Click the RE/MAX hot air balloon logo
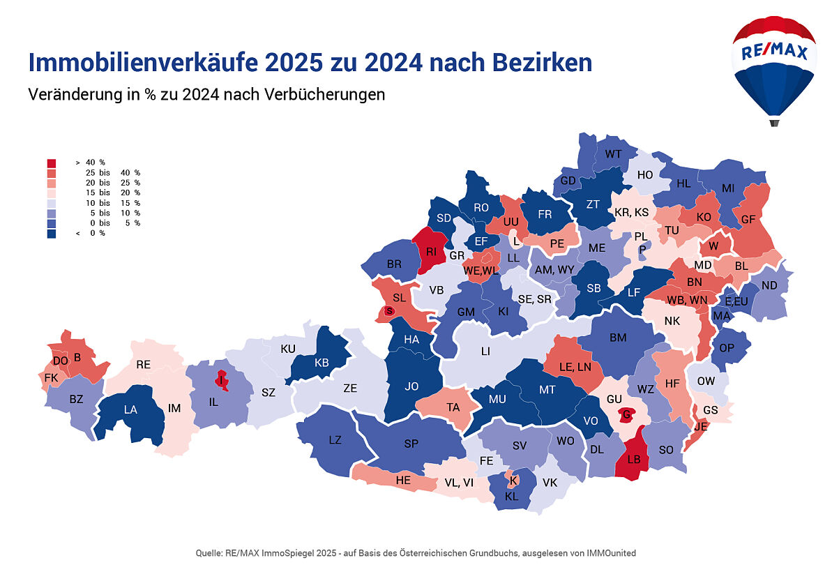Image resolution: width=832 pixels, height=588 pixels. coord(774,66)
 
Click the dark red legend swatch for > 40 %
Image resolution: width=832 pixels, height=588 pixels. coord(52,163)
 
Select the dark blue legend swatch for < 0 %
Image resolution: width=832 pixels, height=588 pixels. coord(52,233)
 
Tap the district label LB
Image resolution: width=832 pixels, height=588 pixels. coord(634,460)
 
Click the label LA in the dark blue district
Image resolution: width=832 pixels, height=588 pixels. coord(130,410)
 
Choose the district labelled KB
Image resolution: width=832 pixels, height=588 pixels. coord(322,363)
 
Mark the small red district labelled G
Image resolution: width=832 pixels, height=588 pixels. coord(627,415)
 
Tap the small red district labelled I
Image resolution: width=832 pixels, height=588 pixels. coord(221,380)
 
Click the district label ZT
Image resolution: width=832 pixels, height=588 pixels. coord(593,204)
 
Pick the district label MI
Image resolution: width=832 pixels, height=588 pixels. coord(728,188)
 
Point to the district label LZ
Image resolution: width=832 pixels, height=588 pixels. coord(335,439)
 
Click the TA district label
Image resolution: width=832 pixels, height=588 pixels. coord(453,407)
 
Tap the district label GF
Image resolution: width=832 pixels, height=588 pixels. coord(748,219)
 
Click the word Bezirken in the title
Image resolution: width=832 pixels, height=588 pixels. coord(535,63)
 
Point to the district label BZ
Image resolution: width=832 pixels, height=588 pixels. coord(76,400)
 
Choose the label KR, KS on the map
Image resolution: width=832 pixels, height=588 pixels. coord(632,212)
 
